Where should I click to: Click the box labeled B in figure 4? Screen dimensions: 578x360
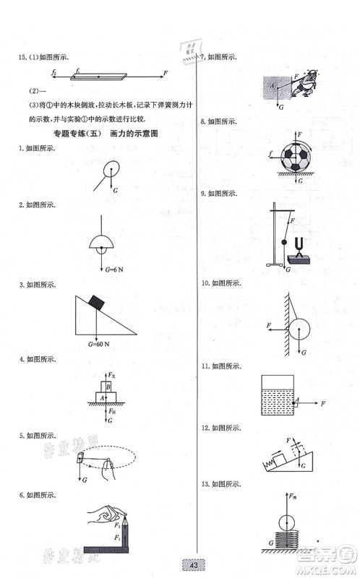[108, 387]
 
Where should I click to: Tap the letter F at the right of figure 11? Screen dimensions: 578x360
[323, 402]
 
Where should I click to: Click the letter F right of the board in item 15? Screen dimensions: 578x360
[166, 73]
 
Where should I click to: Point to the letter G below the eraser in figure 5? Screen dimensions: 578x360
[86, 478]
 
